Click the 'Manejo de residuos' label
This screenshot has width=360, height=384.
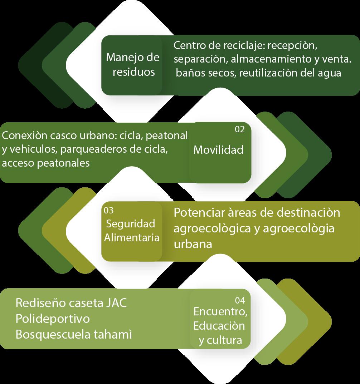133,64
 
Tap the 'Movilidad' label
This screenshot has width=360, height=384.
218,149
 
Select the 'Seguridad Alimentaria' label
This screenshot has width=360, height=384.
131,231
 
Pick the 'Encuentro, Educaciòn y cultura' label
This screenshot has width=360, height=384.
220,326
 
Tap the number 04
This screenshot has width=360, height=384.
240,300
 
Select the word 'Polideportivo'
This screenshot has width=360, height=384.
53,319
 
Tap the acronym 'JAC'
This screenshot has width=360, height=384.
116,304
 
